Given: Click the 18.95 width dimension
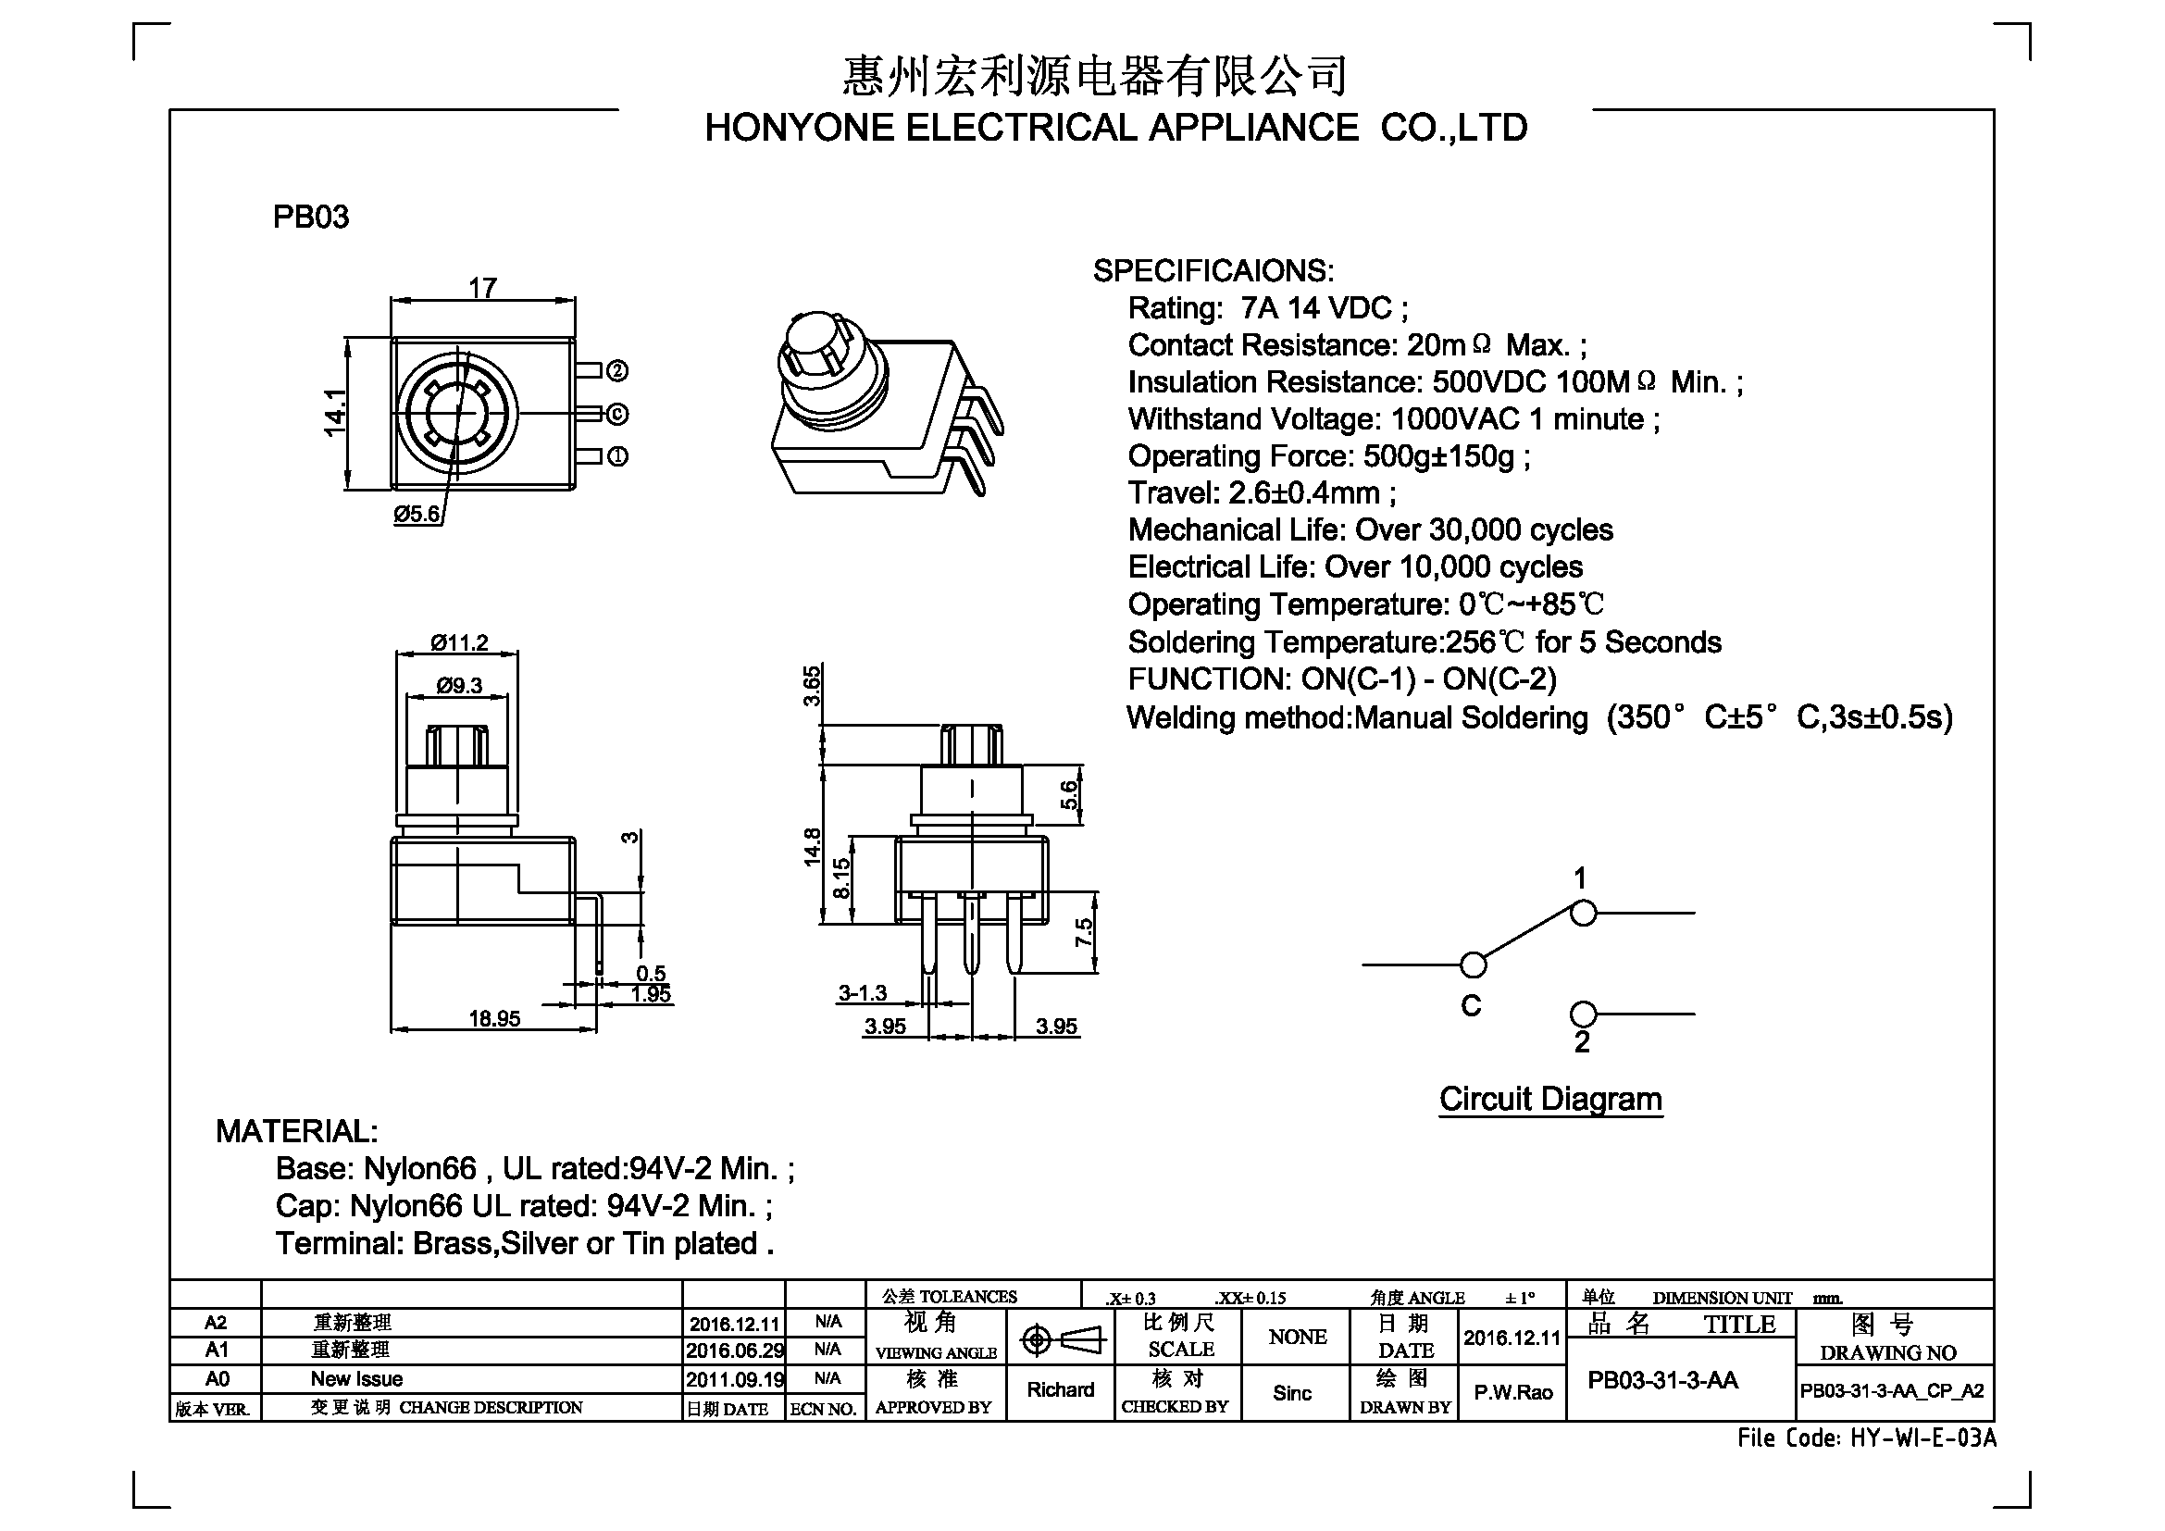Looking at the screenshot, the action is pyautogui.click(x=494, y=1018).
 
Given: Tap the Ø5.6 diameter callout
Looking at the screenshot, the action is pyautogui.click(x=417, y=514).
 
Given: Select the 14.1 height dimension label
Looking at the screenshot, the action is pyautogui.click(x=335, y=413).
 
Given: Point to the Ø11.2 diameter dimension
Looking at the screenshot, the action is pyautogui.click(x=459, y=643).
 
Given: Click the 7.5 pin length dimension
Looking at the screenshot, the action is pyautogui.click(x=1085, y=932).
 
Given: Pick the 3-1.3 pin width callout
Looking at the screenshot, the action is pyautogui.click(x=863, y=992).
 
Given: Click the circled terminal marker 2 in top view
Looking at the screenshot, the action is pyautogui.click(x=616, y=371).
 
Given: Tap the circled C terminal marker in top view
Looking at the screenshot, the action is pyautogui.click(x=616, y=414).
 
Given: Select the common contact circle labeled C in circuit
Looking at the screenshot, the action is pyautogui.click(x=1473, y=965).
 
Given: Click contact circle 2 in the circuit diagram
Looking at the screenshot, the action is pyautogui.click(x=1583, y=1014).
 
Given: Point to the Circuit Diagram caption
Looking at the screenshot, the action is pyautogui.click(x=1550, y=1100).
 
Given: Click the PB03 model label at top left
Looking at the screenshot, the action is pyautogui.click(x=311, y=217).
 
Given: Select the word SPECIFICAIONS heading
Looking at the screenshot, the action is pyautogui.click(x=1213, y=271).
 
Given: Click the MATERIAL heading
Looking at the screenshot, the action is pyautogui.click(x=297, y=1131).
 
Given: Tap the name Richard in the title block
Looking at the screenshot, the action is pyautogui.click(x=1061, y=1389).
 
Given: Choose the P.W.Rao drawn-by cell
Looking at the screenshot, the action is pyautogui.click(x=1513, y=1392).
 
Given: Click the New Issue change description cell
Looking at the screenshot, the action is pyautogui.click(x=356, y=1379).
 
